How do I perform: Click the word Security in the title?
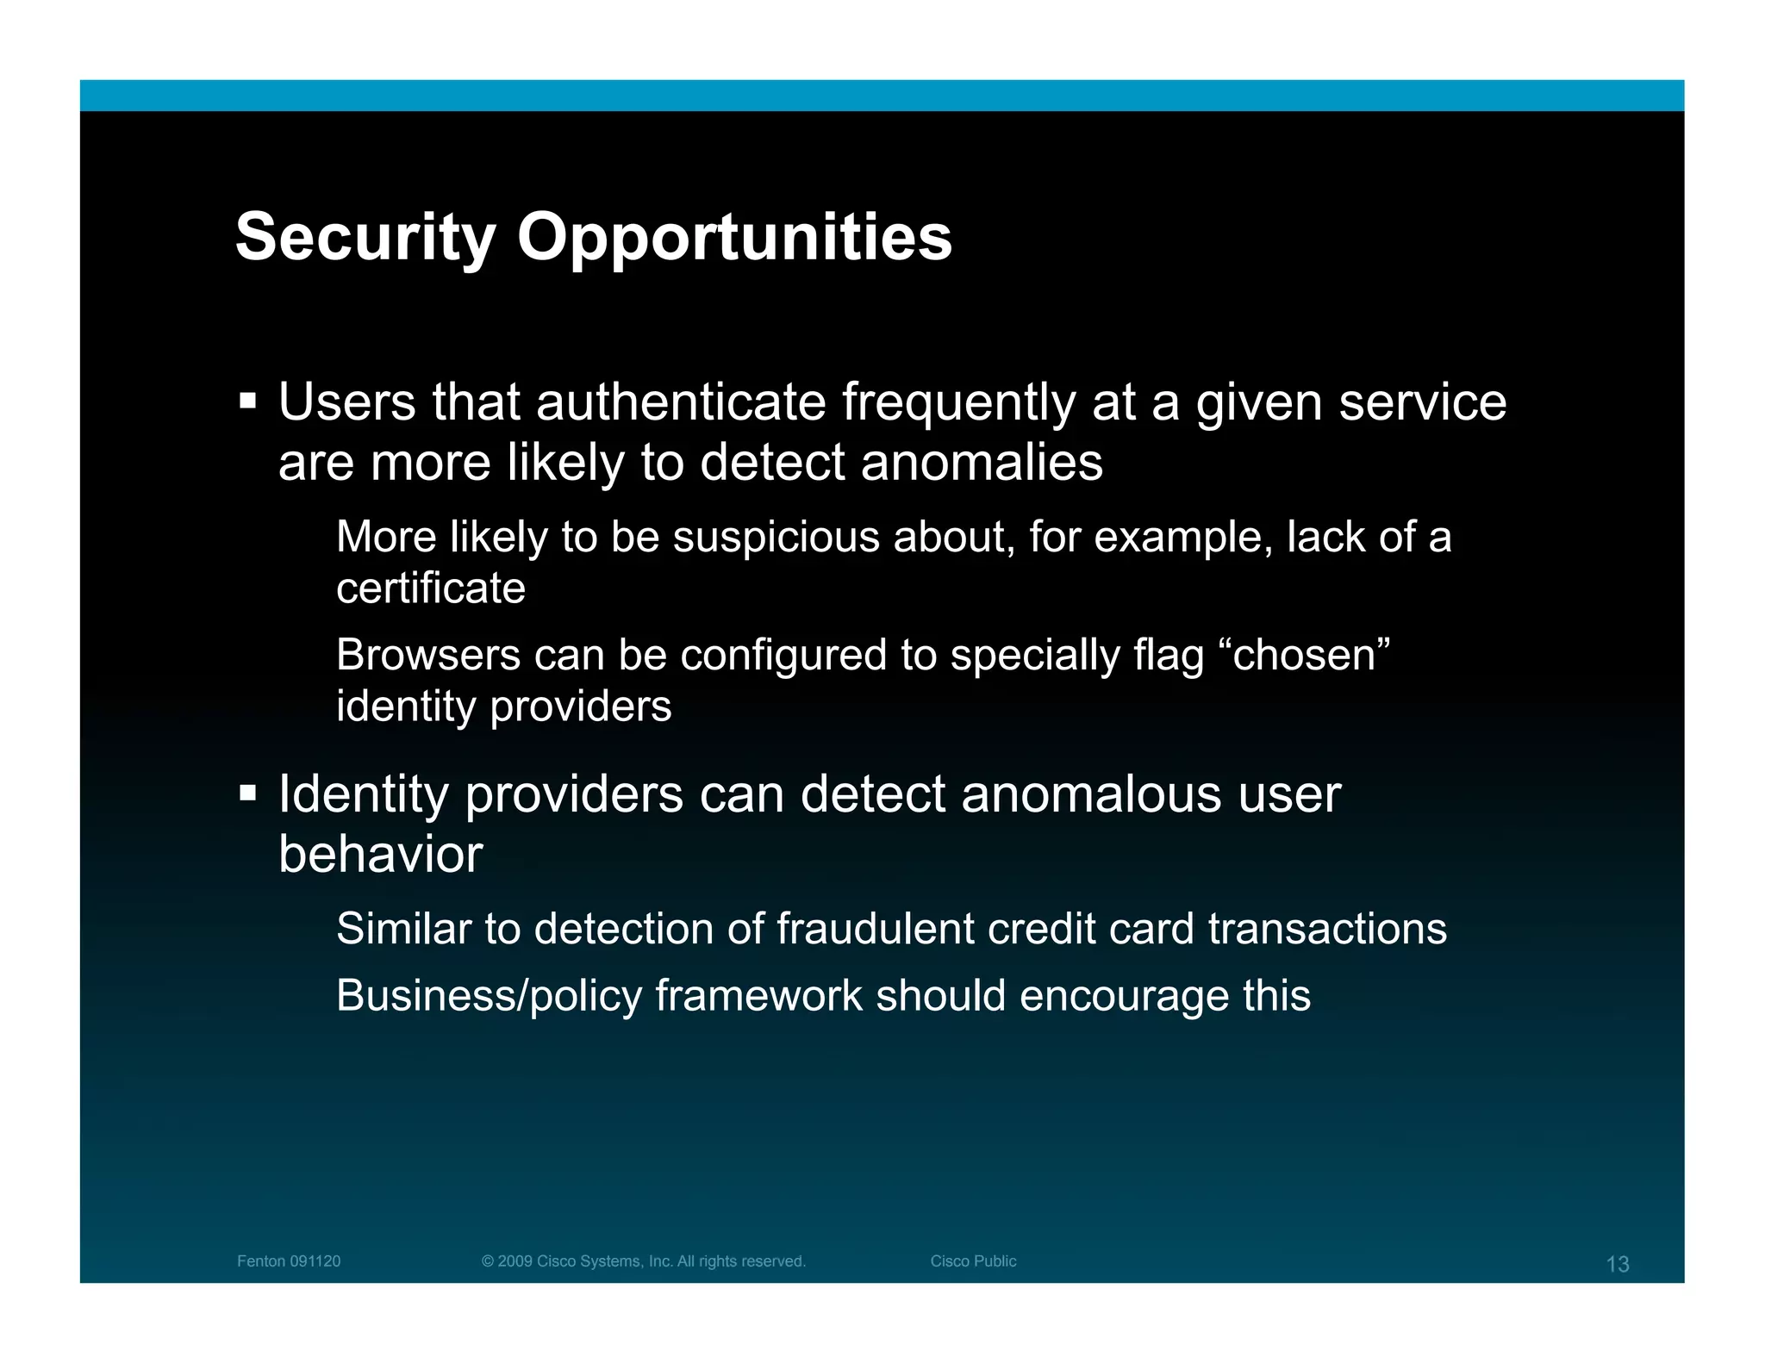pos(365,237)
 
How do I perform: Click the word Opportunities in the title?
pos(734,237)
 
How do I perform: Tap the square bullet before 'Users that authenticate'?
pos(248,401)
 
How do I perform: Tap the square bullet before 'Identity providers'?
pos(248,792)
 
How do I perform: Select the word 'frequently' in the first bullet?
pos(958,402)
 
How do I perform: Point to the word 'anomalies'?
pos(982,462)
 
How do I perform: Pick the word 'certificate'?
pos(430,588)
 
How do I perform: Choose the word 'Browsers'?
pos(428,655)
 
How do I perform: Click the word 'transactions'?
pos(1327,929)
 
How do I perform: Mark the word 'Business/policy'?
pos(489,996)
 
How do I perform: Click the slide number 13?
pos(1617,1264)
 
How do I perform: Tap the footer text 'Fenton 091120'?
pos(289,1261)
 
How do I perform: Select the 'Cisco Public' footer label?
pos(973,1261)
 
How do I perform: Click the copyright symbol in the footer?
pos(488,1261)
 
